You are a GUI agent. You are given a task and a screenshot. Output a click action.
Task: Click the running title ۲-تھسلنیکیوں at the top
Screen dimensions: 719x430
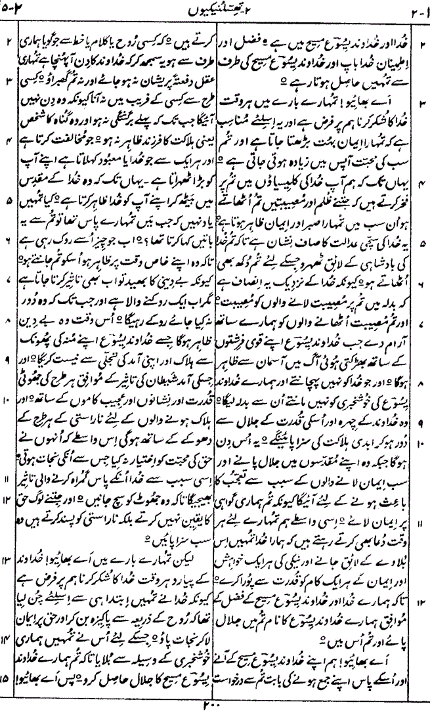pos(215,7)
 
